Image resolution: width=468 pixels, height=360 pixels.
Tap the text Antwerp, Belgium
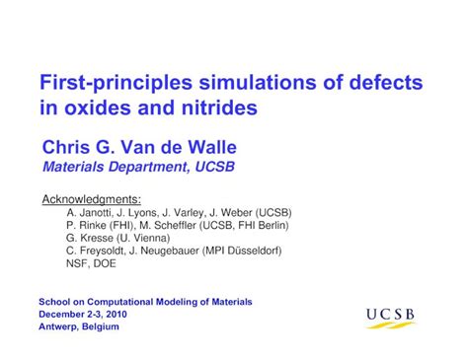pyautogui.click(x=79, y=325)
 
